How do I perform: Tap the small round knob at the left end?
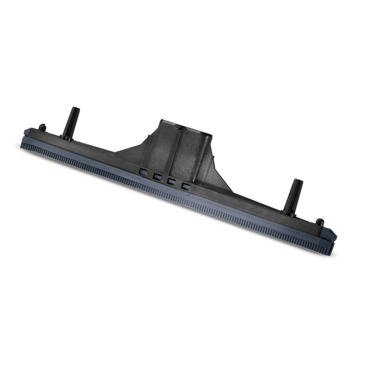point(42,128)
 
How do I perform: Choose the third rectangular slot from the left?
point(171,181)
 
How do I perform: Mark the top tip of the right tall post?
point(297,182)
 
